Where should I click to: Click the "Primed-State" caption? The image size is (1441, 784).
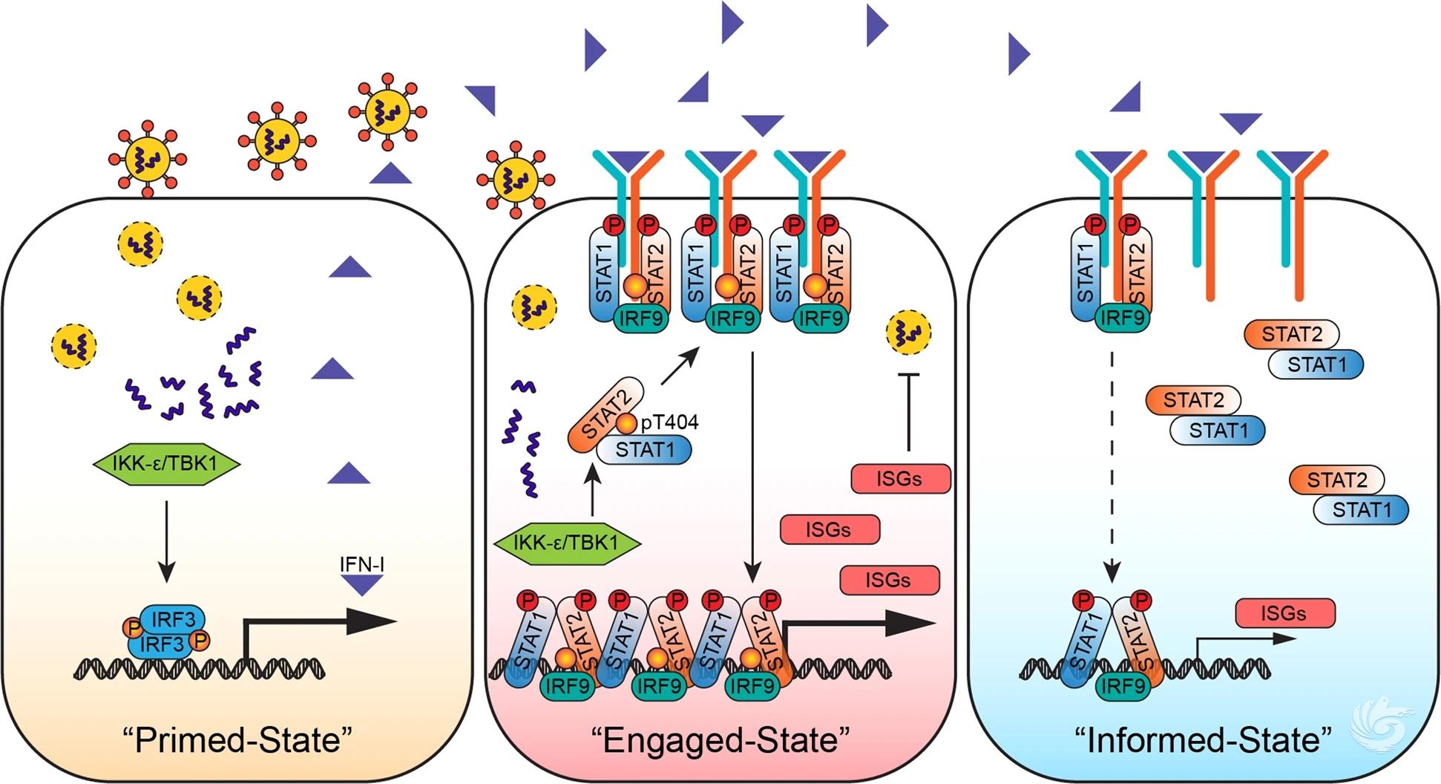pyautogui.click(x=237, y=740)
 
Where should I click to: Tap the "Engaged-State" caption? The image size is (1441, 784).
pyautogui.click(x=720, y=740)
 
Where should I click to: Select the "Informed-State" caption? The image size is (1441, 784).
pyautogui.click(x=1203, y=740)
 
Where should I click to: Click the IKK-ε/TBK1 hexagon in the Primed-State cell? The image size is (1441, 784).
pyautogui.click(x=166, y=464)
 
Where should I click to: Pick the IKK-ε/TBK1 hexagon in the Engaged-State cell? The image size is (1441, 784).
pyautogui.click(x=566, y=543)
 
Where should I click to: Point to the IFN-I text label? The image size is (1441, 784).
pyautogui.click(x=361, y=564)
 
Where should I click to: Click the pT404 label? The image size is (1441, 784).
pyautogui.click(x=669, y=422)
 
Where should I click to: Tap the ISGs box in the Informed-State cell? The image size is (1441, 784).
pyautogui.click(x=1284, y=613)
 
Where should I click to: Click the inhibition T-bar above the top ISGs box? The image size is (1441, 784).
pyautogui.click(x=909, y=412)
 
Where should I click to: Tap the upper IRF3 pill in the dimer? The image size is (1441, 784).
pyautogui.click(x=173, y=619)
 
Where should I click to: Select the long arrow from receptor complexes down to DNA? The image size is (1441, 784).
pyautogui.click(x=752, y=468)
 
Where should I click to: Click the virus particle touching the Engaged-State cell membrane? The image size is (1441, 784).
pyautogui.click(x=515, y=180)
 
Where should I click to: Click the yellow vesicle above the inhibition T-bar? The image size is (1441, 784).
pyautogui.click(x=908, y=332)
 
